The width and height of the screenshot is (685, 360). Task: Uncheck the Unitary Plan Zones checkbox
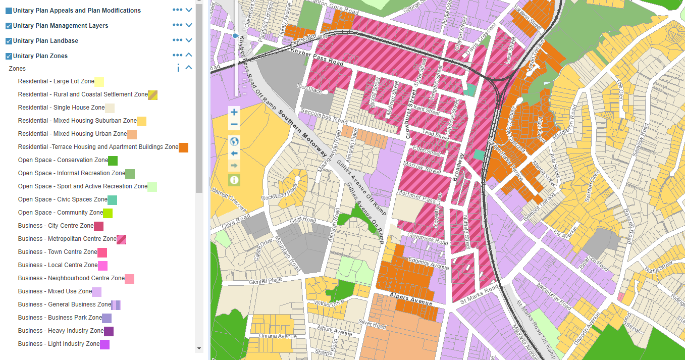click(9, 56)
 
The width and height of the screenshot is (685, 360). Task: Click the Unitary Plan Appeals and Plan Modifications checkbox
click(9, 11)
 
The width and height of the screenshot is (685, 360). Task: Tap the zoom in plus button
click(234, 112)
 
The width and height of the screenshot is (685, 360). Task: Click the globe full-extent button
click(234, 141)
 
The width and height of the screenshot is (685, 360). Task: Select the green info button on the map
click(234, 180)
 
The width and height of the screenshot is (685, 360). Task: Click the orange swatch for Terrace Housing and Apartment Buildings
click(183, 147)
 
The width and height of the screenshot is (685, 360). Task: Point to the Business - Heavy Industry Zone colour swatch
click(109, 331)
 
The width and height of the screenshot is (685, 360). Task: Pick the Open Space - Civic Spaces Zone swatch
click(112, 200)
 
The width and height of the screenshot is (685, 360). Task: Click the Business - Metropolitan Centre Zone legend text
click(67, 239)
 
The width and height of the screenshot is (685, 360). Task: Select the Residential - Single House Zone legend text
click(61, 108)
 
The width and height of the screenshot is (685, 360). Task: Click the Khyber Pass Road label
click(317, 57)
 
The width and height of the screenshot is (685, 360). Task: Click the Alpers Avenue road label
click(411, 299)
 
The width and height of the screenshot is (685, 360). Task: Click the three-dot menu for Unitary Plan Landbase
click(177, 40)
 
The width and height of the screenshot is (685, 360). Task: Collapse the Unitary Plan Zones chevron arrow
click(189, 56)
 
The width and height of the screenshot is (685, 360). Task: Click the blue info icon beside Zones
click(178, 68)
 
